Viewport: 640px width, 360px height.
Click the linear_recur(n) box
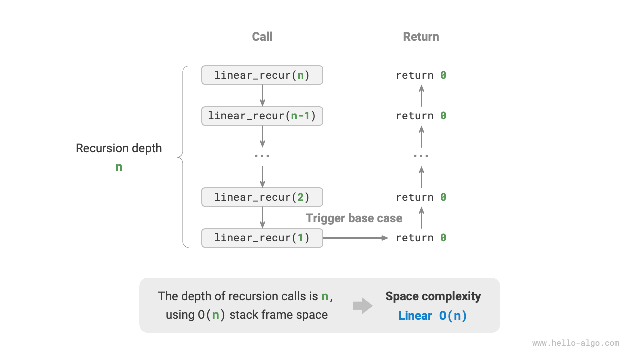click(262, 75)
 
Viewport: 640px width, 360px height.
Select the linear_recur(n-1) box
click(262, 116)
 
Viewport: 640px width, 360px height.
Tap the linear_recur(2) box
click(262, 197)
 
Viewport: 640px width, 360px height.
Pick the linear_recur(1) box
click(262, 238)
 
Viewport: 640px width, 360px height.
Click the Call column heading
click(262, 37)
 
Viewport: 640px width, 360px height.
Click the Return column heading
click(421, 37)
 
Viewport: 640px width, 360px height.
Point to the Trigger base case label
click(354, 218)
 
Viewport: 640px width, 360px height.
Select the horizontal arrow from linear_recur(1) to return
click(355, 238)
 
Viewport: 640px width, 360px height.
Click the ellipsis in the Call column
click(262, 156)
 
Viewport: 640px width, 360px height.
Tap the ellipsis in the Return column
click(421, 156)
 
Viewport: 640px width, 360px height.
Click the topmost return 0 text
click(421, 75)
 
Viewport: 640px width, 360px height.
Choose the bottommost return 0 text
click(421, 238)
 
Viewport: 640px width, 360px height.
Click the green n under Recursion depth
click(119, 167)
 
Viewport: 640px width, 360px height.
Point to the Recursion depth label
click(119, 148)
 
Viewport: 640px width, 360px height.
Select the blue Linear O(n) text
click(433, 316)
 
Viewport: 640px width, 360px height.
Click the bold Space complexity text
click(433, 296)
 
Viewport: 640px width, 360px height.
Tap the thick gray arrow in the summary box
click(363, 306)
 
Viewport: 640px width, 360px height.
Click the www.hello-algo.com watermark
click(575, 343)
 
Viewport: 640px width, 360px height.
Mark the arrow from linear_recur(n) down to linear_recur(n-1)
click(262, 95)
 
